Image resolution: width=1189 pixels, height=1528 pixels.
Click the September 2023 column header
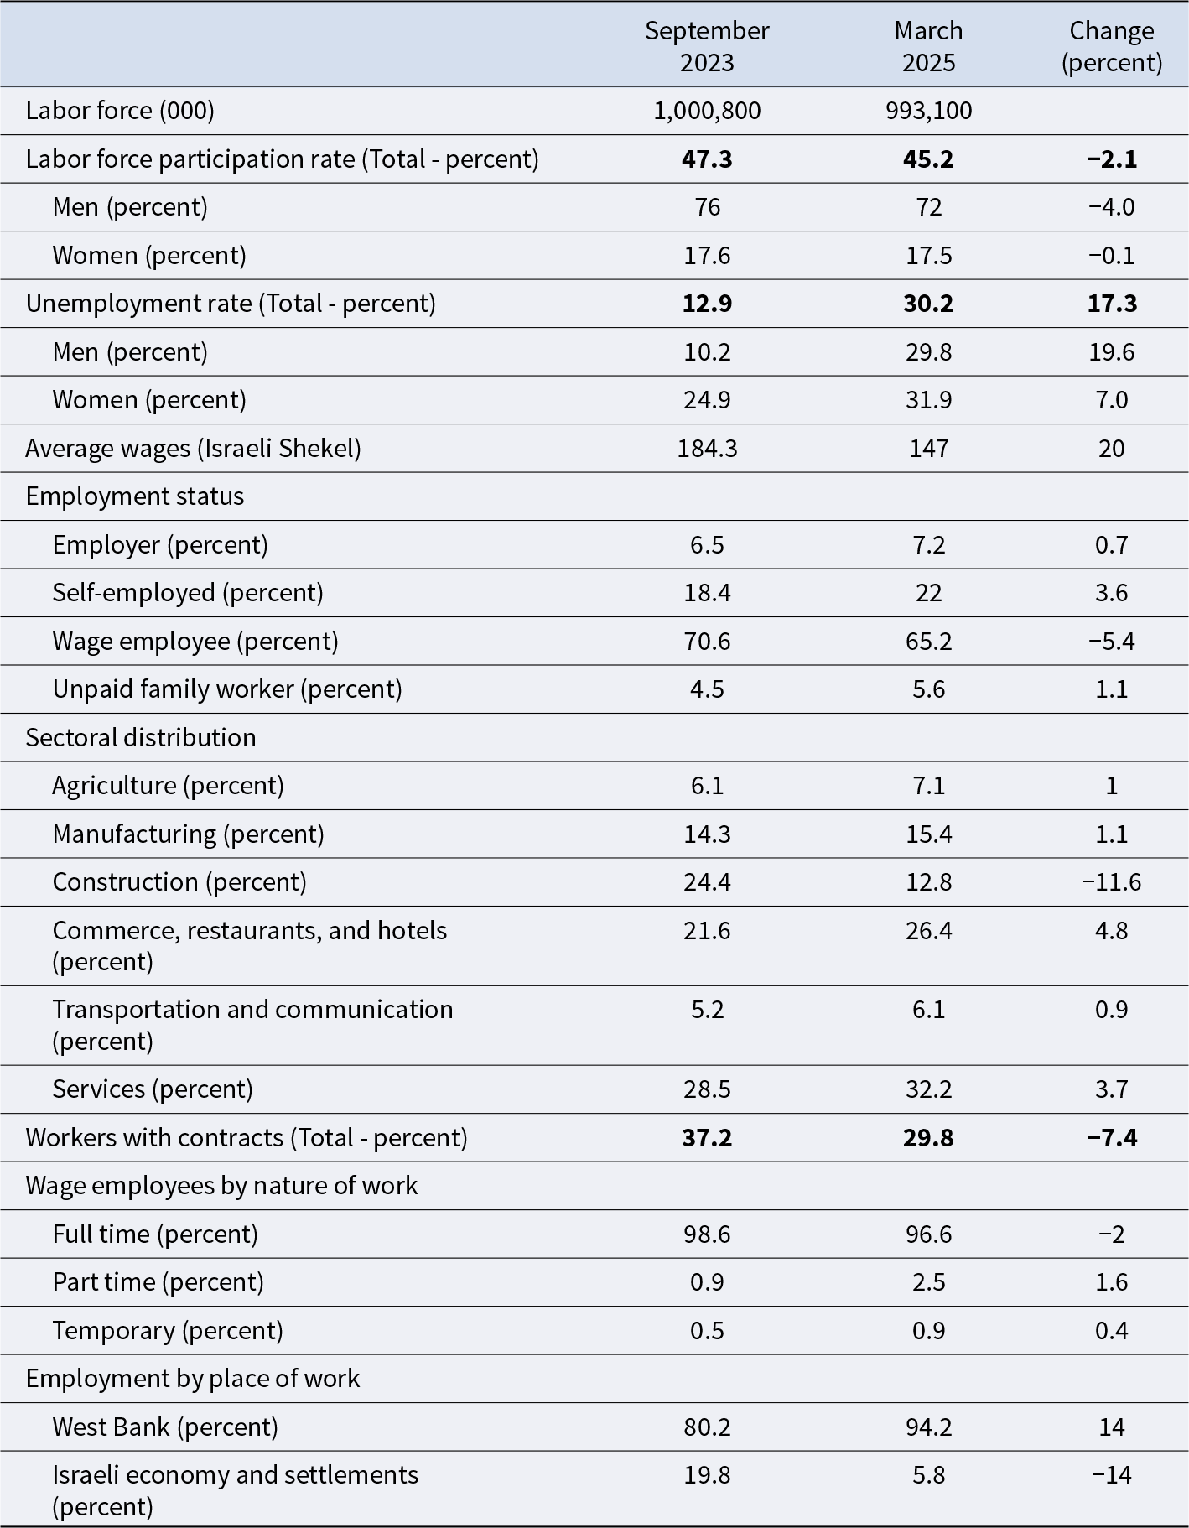[x=707, y=46]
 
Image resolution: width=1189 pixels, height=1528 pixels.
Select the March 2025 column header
[x=928, y=46]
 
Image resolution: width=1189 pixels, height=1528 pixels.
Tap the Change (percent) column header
[x=1112, y=46]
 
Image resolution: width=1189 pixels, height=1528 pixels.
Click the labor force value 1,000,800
[x=707, y=111]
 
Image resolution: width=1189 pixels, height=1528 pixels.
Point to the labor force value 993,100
[x=928, y=111]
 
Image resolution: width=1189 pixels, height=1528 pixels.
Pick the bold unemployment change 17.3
[x=1112, y=303]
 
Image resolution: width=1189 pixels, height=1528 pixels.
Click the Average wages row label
[x=194, y=449]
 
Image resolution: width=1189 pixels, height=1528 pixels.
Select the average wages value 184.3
[x=707, y=449]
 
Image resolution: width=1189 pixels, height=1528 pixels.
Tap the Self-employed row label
[x=188, y=593]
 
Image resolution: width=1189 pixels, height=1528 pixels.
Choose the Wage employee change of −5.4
[x=1112, y=642]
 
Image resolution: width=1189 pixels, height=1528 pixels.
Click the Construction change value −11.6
[x=1112, y=882]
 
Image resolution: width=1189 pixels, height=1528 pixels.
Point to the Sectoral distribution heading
[x=141, y=738]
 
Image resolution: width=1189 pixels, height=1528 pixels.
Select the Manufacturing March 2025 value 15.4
[x=928, y=834]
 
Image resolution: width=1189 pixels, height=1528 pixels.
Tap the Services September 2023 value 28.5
[x=707, y=1089]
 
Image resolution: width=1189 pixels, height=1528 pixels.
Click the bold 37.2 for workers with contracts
[x=707, y=1137]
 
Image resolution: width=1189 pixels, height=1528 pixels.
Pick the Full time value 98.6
[x=707, y=1234]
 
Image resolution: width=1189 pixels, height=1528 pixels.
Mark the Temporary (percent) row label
[x=168, y=1331]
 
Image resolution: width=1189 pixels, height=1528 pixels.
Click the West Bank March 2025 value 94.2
[x=928, y=1427]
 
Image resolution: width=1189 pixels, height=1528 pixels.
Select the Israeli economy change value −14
[x=1112, y=1475]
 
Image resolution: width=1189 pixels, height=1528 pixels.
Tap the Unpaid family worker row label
[x=227, y=689]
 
